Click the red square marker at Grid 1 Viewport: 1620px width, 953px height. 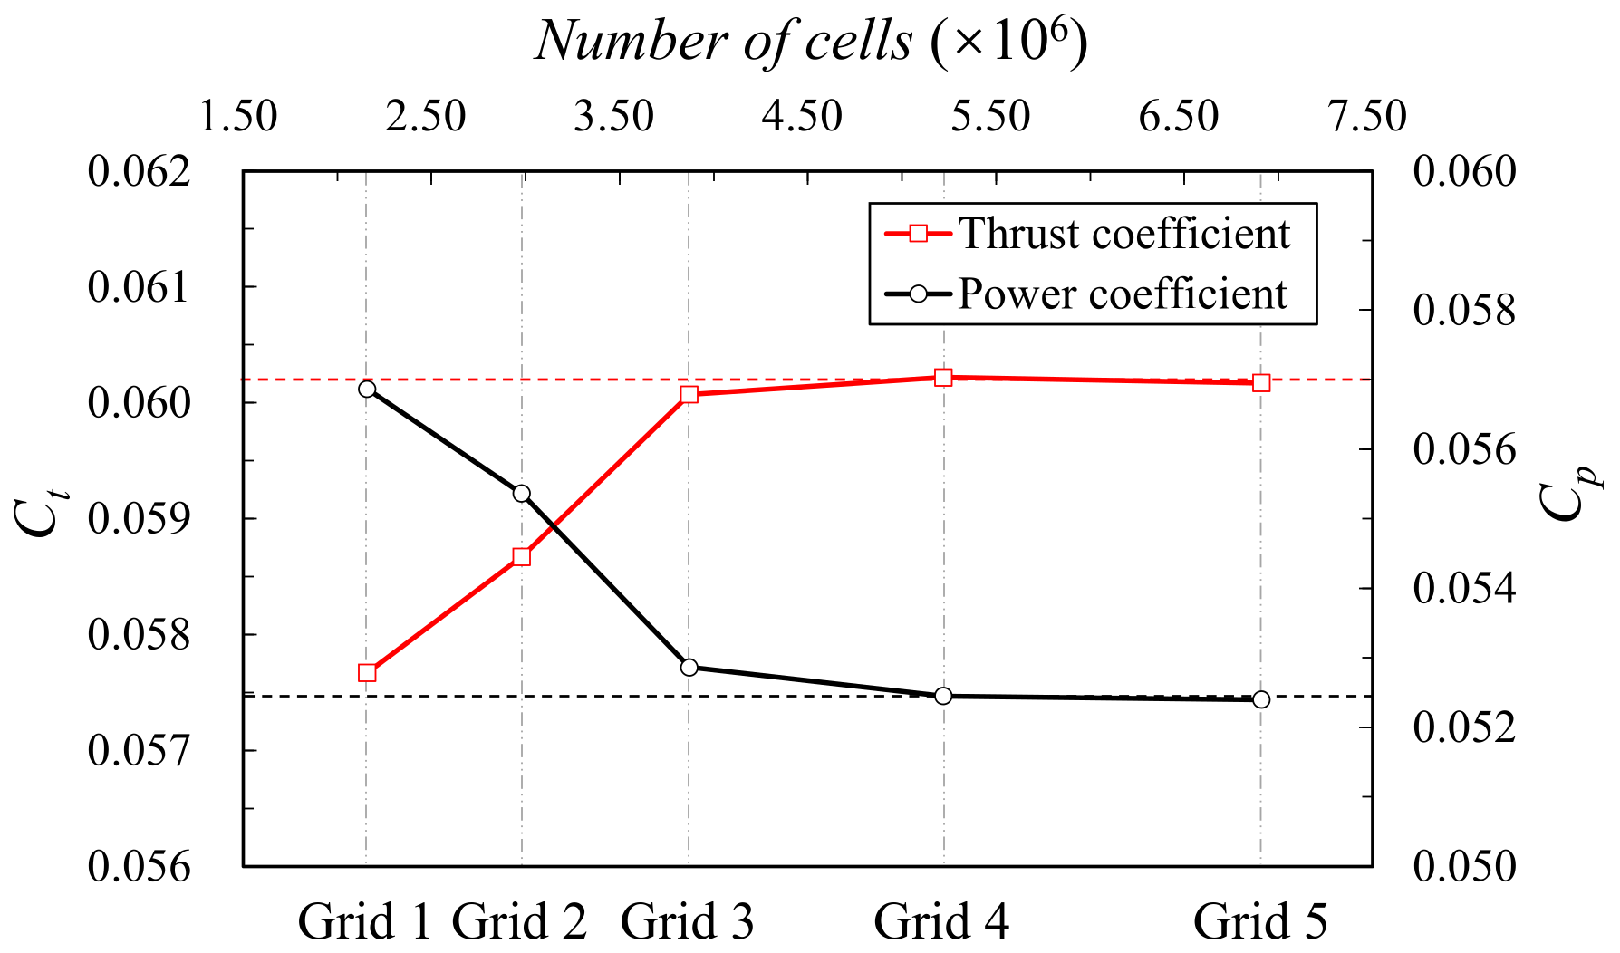click(x=367, y=672)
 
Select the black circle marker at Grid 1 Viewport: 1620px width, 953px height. click(x=367, y=389)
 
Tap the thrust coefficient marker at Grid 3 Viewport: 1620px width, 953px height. click(x=689, y=394)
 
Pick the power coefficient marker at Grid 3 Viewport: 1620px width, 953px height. click(x=689, y=668)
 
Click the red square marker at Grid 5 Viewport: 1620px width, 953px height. click(x=1261, y=382)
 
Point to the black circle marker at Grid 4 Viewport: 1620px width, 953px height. click(x=943, y=696)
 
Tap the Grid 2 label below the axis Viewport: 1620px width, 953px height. click(x=519, y=922)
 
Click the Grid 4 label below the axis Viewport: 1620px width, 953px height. click(x=941, y=922)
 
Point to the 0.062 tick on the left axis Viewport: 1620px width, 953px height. click(x=140, y=170)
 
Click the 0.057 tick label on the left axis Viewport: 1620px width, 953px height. click(x=140, y=751)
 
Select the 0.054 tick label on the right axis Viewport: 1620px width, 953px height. click(x=1464, y=589)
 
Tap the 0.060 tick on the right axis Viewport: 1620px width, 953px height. click(x=1464, y=170)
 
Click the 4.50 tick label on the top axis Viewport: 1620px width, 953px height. click(x=802, y=117)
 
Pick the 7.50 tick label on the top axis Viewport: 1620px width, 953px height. click(x=1365, y=117)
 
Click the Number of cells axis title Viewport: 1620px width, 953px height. click(x=811, y=42)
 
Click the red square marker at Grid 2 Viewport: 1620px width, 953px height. click(x=521, y=556)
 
